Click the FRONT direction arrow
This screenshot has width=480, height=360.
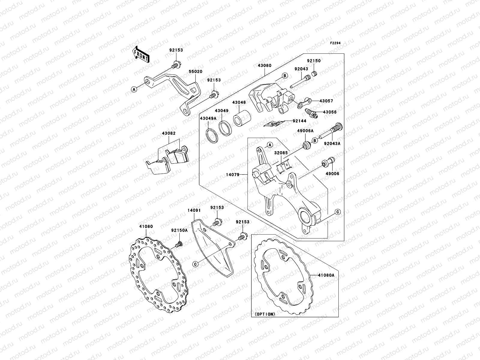(x=142, y=54)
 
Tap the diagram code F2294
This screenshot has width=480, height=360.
(x=336, y=43)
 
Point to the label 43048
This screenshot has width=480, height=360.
(x=240, y=102)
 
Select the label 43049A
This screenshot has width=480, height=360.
(x=208, y=118)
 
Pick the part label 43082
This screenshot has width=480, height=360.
(x=169, y=133)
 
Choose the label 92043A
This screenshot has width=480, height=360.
(x=332, y=143)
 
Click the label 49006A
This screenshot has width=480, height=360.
(x=305, y=131)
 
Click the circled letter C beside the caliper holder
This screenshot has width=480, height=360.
(x=337, y=212)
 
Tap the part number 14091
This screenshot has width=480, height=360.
(x=194, y=211)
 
